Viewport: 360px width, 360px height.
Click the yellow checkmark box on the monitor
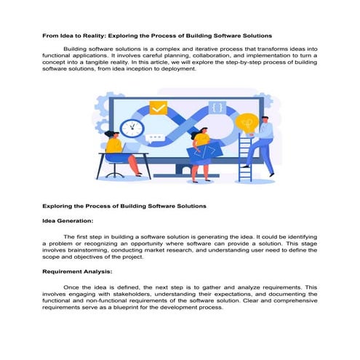pyautogui.click(x=158, y=108)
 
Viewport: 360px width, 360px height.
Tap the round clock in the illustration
pyautogui.click(x=132, y=129)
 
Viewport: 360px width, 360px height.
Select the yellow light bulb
pyautogui.click(x=248, y=122)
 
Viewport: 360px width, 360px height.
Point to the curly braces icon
pyautogui.click(x=217, y=108)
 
